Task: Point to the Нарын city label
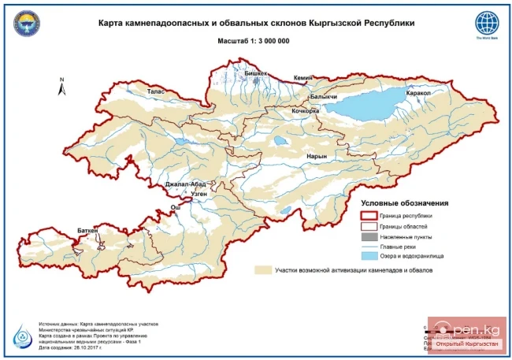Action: (315, 157)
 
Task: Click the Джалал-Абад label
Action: (185, 184)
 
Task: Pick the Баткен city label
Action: (87, 231)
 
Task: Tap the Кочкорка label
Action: (305, 111)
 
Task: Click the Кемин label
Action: (303, 78)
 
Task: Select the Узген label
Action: (198, 193)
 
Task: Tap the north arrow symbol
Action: (62, 87)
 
